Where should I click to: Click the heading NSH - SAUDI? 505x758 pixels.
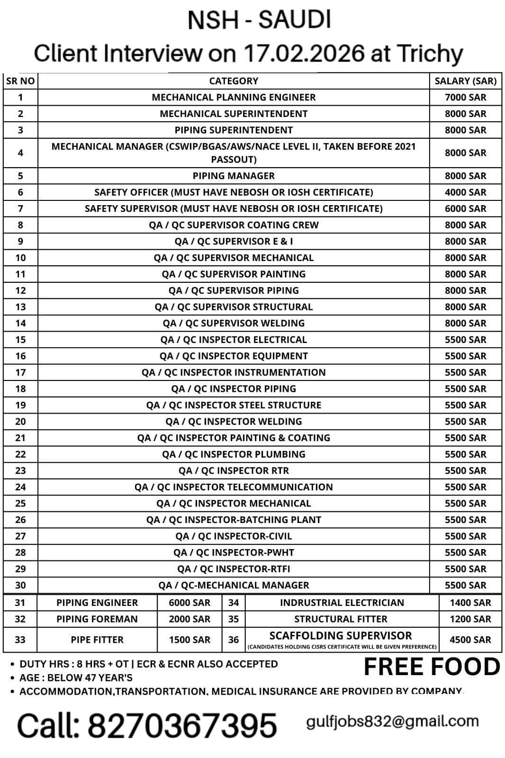point(259,20)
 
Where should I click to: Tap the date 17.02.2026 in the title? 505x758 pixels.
point(304,54)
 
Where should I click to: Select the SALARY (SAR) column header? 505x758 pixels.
point(465,81)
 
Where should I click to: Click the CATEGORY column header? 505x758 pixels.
point(234,81)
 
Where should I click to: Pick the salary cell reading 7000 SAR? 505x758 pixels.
point(465,97)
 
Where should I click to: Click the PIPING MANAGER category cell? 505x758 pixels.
point(234,176)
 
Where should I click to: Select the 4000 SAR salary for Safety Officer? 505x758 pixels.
point(465,192)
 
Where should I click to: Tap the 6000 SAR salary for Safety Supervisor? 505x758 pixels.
point(465,208)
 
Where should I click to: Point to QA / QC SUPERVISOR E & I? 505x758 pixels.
point(234,241)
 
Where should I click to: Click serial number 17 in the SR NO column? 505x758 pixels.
point(20,372)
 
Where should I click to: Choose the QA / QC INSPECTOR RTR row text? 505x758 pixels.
point(234,470)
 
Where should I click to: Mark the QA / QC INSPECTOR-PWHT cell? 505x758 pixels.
point(234,552)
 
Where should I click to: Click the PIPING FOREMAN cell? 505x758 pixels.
point(97,619)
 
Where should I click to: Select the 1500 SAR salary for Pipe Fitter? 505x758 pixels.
point(189,640)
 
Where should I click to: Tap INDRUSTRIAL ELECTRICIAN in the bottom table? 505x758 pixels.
point(342,603)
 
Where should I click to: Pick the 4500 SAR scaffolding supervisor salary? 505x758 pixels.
point(470,640)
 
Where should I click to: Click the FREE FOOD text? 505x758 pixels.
point(432,667)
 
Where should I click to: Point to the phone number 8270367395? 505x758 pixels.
point(182,725)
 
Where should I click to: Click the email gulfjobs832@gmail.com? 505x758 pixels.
point(392,722)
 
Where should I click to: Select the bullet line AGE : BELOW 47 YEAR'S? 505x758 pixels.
point(76,677)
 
